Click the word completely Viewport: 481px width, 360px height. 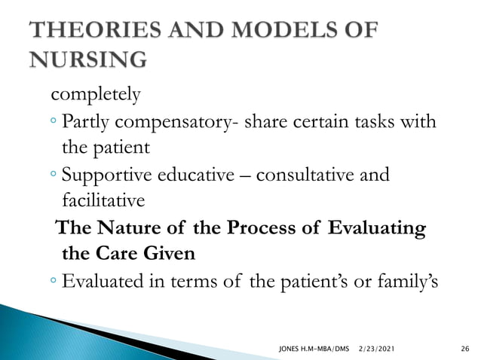coord(95,96)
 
